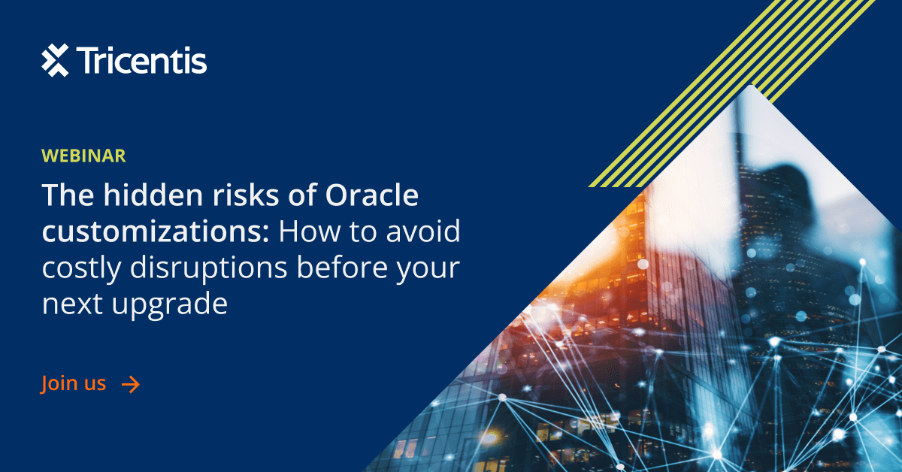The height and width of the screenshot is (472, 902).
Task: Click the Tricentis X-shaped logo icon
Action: (x=55, y=60)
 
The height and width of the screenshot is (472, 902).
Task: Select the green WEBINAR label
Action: (x=83, y=156)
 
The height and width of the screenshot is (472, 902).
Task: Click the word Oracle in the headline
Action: (x=372, y=196)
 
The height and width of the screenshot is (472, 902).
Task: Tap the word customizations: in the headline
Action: (x=155, y=232)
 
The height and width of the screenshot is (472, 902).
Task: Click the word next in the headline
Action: (x=72, y=305)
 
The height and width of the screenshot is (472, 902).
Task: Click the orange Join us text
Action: (x=74, y=383)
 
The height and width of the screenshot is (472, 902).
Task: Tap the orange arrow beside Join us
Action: (x=131, y=385)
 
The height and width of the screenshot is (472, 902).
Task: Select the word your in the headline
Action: (x=429, y=268)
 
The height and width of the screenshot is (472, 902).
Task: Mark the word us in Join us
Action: (x=93, y=384)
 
